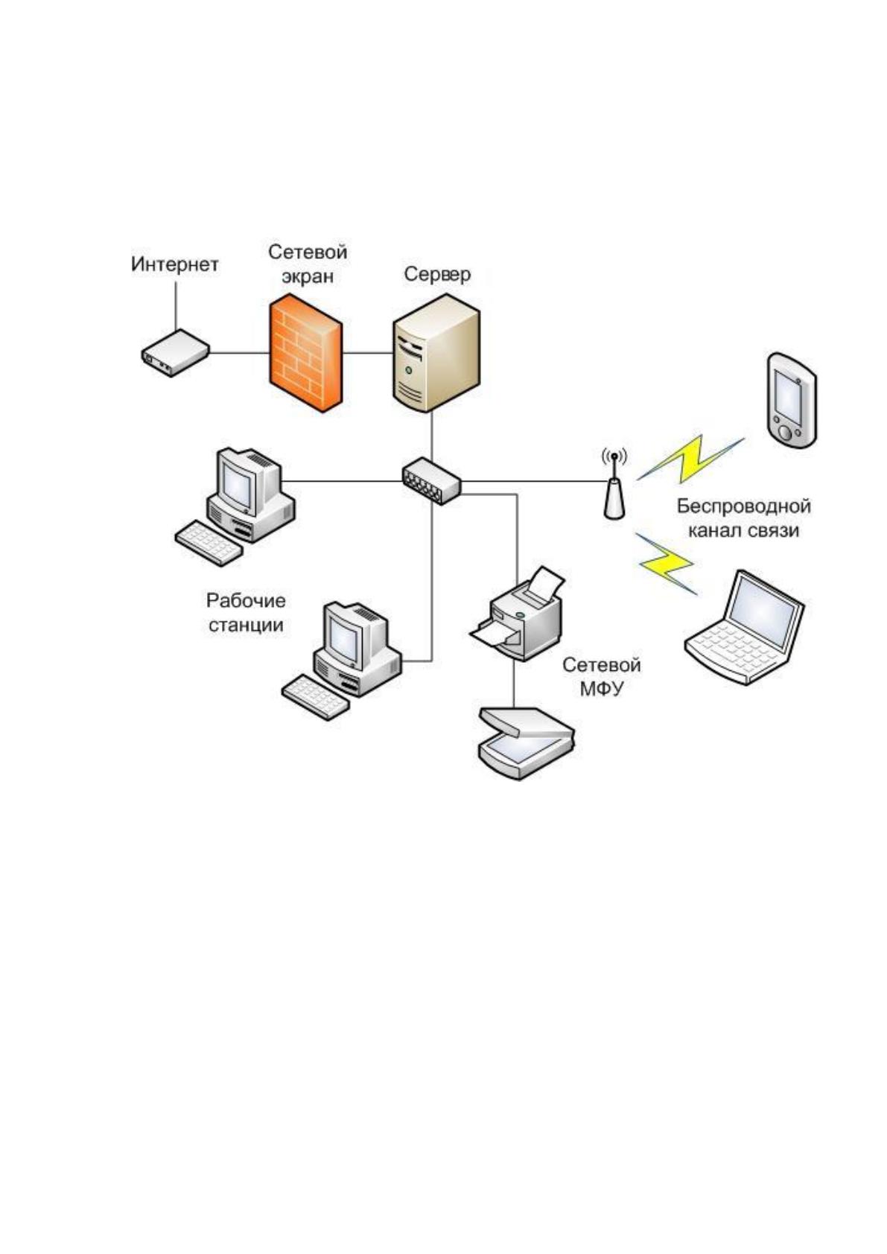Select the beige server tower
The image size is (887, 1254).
click(x=436, y=353)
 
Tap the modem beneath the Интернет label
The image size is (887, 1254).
click(x=175, y=353)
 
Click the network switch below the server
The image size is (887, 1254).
click(x=431, y=481)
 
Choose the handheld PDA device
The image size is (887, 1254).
click(x=791, y=400)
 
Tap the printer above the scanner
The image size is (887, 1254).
click(x=516, y=614)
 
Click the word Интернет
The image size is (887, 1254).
click(x=175, y=264)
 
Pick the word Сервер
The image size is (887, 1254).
click(x=437, y=274)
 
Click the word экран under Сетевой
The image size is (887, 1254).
click(x=308, y=276)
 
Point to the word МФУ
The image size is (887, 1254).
click(x=601, y=689)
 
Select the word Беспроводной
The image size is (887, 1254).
click(x=744, y=506)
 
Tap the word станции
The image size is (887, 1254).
click(x=246, y=625)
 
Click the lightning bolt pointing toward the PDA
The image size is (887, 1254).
click(x=690, y=459)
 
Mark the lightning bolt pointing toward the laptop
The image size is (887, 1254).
click(x=667, y=563)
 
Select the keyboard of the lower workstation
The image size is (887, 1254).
click(x=315, y=698)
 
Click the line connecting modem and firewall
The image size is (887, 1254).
click(x=240, y=353)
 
